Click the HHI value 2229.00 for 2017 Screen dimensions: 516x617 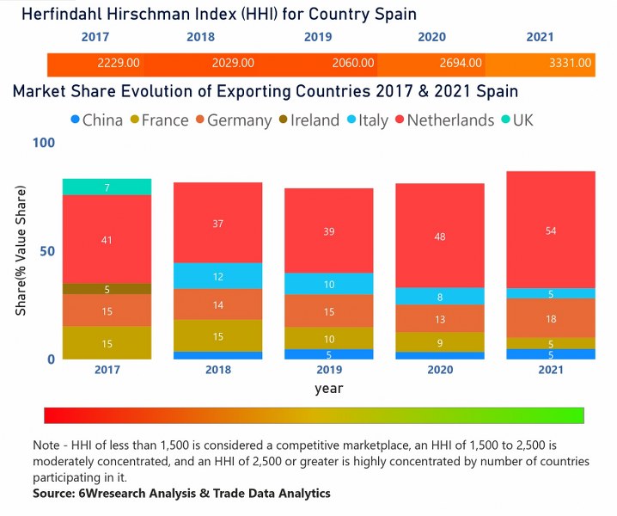point(120,63)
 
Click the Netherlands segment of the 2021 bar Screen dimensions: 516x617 point(551,230)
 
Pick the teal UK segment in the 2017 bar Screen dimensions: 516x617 point(107,187)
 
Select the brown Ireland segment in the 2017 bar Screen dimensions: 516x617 point(107,289)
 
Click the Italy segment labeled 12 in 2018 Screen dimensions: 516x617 point(217,276)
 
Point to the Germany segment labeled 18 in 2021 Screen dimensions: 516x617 point(551,318)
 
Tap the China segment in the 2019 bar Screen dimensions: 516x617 point(328,353)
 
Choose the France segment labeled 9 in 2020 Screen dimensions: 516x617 point(440,343)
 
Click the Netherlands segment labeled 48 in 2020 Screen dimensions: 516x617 point(440,236)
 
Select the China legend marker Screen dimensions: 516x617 point(75,120)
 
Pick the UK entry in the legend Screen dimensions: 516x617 point(515,120)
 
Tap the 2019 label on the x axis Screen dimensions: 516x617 point(328,371)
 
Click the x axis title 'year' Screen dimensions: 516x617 point(329,388)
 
